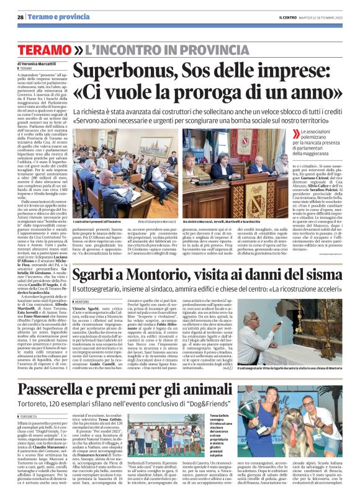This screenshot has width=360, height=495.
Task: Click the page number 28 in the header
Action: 20,17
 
